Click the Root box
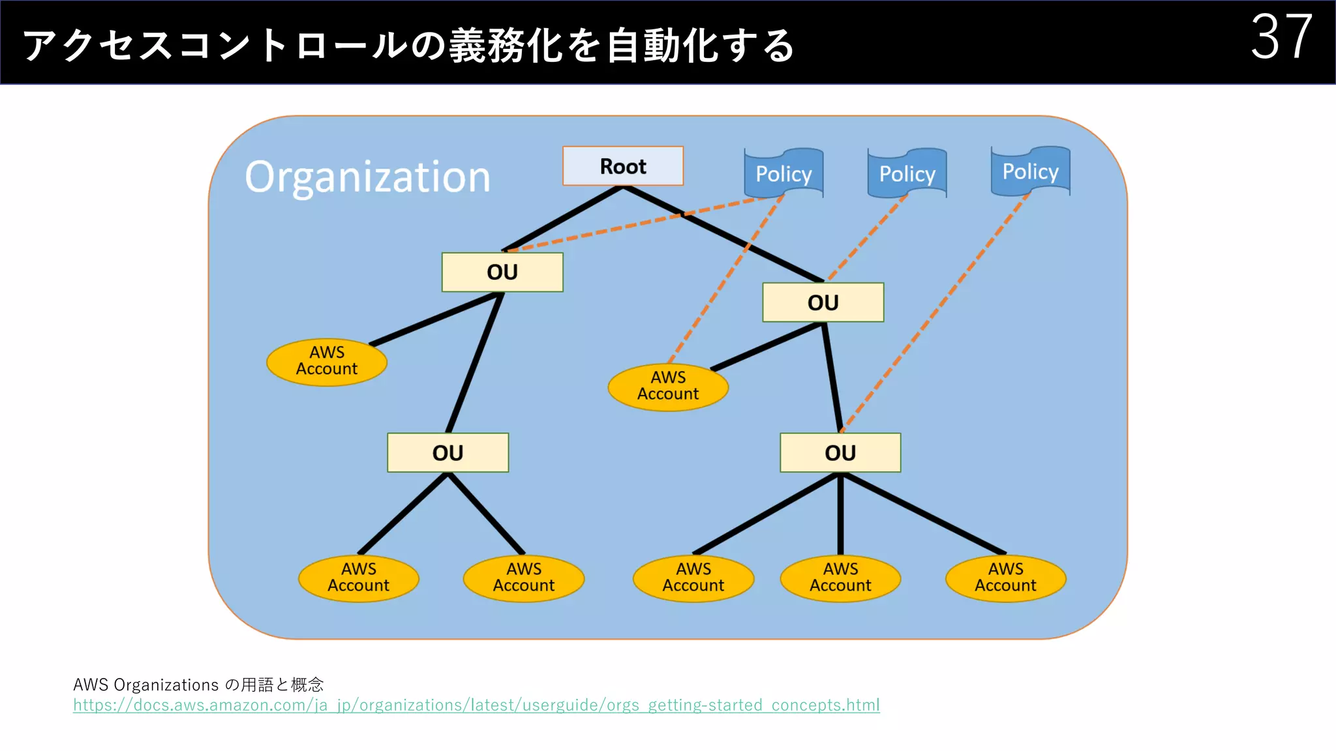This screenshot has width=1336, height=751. coord(623,166)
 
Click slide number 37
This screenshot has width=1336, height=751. coord(1281,38)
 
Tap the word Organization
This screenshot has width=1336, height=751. coord(367,177)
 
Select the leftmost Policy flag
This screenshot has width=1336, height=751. coord(783,173)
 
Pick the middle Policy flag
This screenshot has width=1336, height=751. coord(907,173)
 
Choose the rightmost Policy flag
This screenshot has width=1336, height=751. coord(1030,171)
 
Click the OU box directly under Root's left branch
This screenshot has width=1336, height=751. coord(502,272)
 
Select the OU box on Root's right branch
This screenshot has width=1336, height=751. coord(823,302)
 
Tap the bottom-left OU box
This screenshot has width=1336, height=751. coord(448,452)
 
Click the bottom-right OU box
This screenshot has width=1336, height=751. coord(840,452)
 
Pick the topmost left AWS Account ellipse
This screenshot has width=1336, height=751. coord(327,362)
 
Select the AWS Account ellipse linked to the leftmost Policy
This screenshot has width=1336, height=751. coord(668,387)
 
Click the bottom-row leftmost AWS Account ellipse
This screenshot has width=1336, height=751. coord(358,578)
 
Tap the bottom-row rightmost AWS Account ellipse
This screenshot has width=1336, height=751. coord(1005,578)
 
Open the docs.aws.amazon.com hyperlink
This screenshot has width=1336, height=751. coord(476,705)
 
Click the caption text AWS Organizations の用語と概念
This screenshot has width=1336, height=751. coord(198,685)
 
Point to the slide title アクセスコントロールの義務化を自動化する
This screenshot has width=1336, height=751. coord(408,46)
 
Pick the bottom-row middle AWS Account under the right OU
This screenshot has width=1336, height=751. coord(840,578)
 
